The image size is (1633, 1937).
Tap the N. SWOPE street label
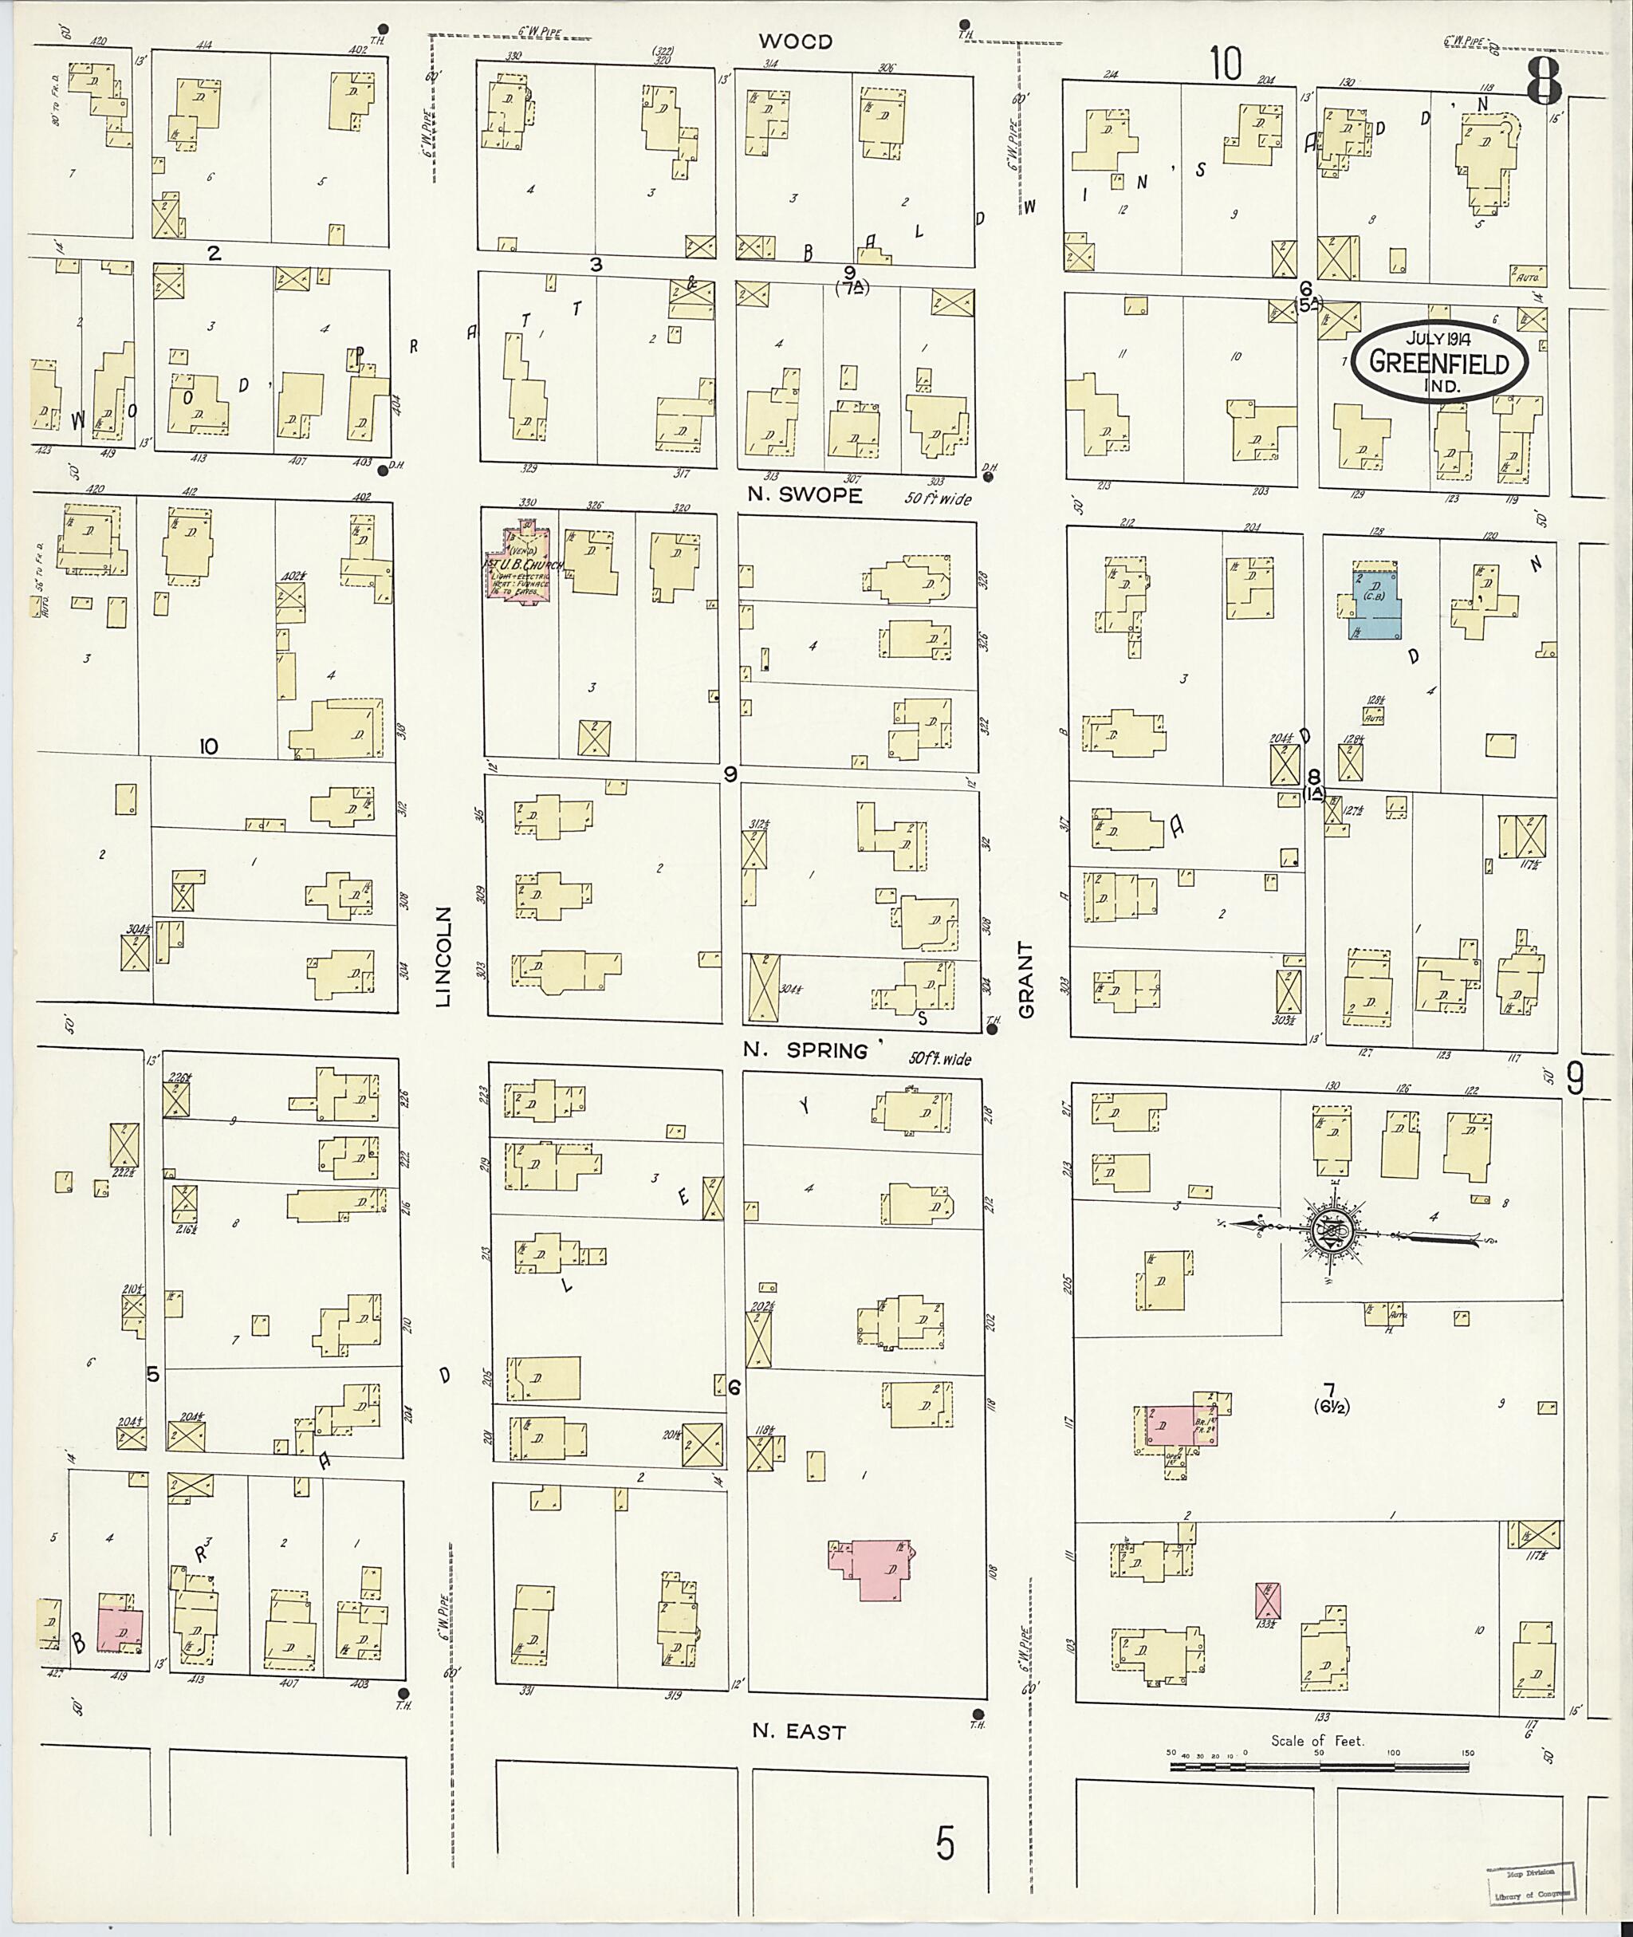[x=805, y=495]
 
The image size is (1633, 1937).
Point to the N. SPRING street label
[x=806, y=1051]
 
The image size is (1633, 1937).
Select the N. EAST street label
[x=799, y=1731]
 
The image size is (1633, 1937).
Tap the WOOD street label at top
[x=795, y=41]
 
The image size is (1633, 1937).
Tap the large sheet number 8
[x=1543, y=81]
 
